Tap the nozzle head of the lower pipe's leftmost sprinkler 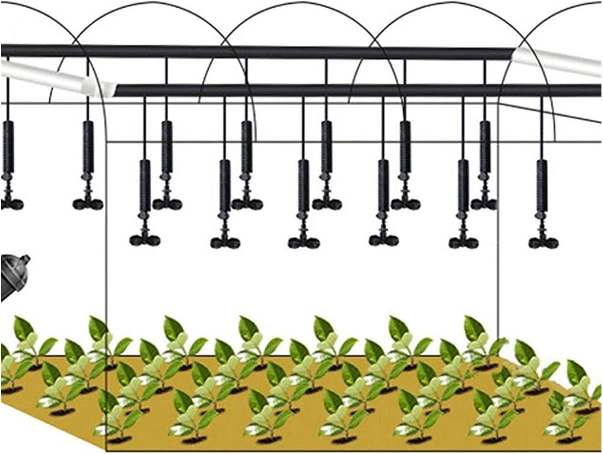pyautogui.click(x=145, y=240)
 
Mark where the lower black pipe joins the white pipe pyautogui.click(x=115, y=90)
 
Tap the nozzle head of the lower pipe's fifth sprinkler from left pyautogui.click(x=463, y=242)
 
